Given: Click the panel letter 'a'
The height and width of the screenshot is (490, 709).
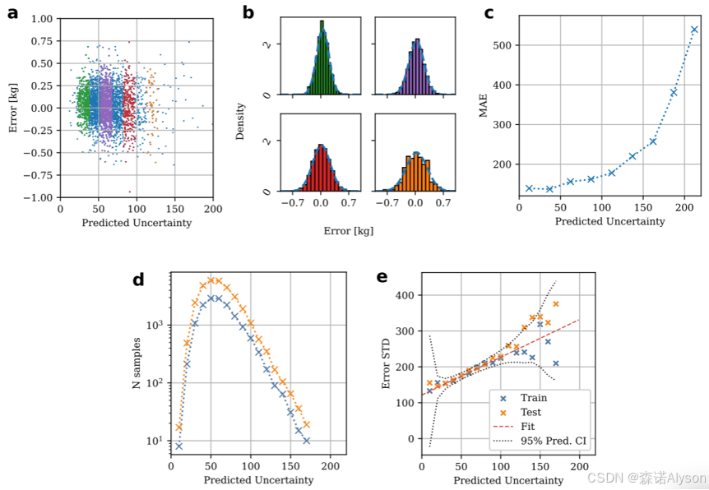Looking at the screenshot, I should (x=13, y=12).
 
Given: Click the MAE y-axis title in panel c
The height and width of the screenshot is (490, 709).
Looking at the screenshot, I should (x=484, y=108).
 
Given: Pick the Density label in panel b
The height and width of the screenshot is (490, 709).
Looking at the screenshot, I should (x=240, y=120).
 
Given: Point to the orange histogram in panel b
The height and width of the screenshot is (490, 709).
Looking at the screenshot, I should (x=416, y=173).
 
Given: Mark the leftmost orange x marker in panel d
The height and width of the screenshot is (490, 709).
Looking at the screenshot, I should (x=178, y=428).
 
